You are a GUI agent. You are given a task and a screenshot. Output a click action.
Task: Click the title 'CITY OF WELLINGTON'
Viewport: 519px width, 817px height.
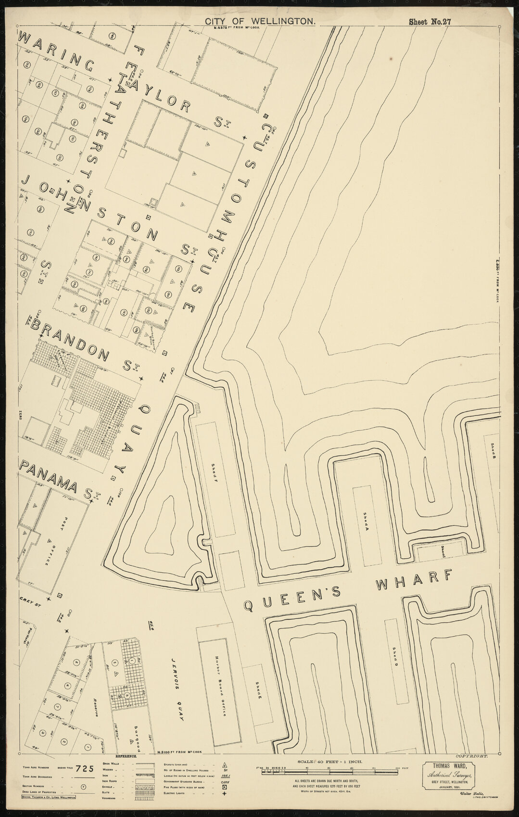tap(260, 21)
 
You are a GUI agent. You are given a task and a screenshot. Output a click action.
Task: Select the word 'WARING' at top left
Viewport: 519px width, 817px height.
tap(56, 52)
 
